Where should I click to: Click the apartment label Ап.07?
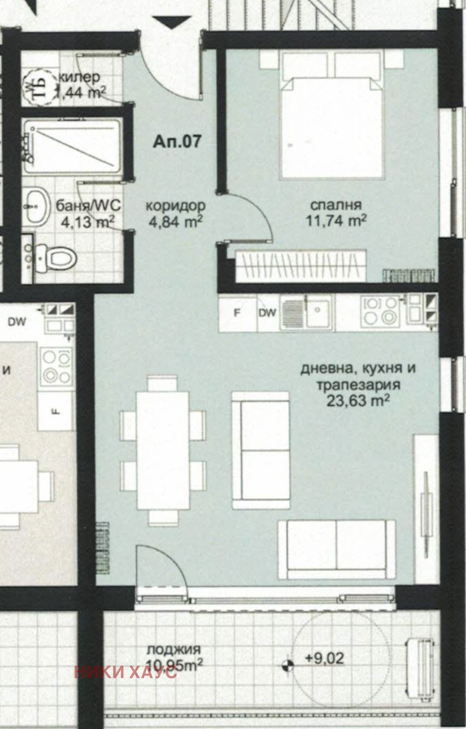click(x=176, y=141)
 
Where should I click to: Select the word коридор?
click(x=176, y=206)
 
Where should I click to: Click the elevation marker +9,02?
click(x=324, y=658)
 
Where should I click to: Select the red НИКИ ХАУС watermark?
click(x=125, y=672)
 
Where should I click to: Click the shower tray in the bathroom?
click(x=72, y=146)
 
